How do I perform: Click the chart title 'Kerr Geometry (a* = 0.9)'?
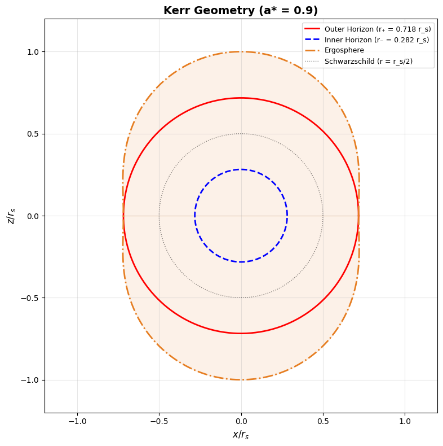click(x=241, y=11)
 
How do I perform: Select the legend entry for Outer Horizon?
click(x=378, y=29)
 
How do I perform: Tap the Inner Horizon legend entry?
click(x=376, y=40)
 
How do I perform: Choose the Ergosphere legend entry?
click(x=344, y=50)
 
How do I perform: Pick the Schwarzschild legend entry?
click(x=369, y=61)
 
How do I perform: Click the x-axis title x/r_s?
click(x=241, y=435)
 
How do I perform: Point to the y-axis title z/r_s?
click(x=11, y=216)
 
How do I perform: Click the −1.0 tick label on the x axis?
click(x=77, y=422)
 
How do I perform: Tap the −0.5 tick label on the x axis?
click(x=159, y=422)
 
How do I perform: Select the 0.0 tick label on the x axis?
click(x=241, y=422)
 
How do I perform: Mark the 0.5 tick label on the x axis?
click(x=323, y=422)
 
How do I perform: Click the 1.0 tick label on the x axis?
click(x=405, y=422)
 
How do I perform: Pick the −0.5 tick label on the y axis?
click(x=30, y=298)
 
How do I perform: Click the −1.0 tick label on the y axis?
click(x=30, y=380)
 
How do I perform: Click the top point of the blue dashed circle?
click(x=241, y=169)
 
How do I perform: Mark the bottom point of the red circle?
click(x=241, y=333)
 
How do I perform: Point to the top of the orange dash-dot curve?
click(x=241, y=52)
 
